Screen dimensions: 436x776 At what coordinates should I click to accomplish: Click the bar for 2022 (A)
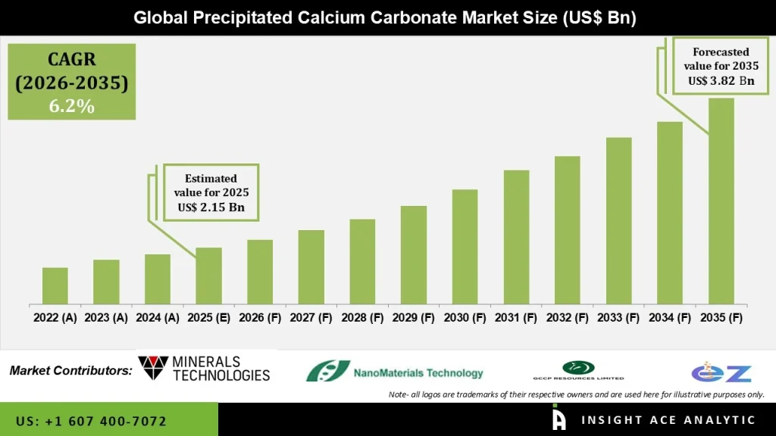point(55,285)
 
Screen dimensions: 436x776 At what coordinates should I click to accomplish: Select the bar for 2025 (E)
point(208,276)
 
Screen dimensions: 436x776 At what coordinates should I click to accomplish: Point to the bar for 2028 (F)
point(362,261)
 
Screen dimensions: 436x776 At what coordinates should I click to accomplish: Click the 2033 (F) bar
point(618,220)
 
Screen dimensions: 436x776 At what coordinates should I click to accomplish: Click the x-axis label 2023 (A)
point(106,318)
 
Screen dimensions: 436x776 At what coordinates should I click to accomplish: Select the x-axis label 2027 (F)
point(311,318)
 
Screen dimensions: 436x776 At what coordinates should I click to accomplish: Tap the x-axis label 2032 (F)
point(567,318)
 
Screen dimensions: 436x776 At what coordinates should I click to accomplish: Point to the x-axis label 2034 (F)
point(669,318)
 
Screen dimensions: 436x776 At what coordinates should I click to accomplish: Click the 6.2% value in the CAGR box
point(72,107)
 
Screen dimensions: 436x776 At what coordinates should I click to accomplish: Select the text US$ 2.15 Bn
point(211,207)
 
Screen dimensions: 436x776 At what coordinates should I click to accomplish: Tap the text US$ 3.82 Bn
point(721,80)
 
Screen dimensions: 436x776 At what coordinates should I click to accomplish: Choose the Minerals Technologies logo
point(204,369)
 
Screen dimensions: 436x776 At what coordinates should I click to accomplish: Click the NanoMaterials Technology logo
point(394,372)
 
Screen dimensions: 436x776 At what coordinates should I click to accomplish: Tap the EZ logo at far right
point(721,372)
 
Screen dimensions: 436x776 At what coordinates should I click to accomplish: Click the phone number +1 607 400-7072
point(91,421)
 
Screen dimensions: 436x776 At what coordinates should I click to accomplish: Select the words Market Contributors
point(70,371)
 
